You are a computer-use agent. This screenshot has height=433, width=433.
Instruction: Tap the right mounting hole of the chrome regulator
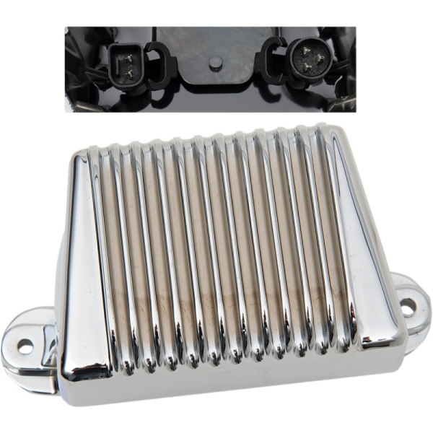pos(410,306)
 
